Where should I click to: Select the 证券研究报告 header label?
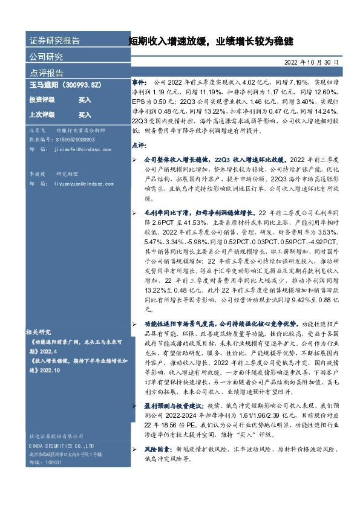[x=54, y=41]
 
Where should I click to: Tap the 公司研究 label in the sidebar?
[x=46, y=57]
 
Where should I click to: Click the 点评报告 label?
[x=46, y=73]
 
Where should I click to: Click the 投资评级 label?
[x=42, y=100]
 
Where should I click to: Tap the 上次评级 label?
[x=42, y=114]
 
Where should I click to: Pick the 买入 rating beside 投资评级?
[x=85, y=100]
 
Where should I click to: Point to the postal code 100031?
[x=53, y=478]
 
